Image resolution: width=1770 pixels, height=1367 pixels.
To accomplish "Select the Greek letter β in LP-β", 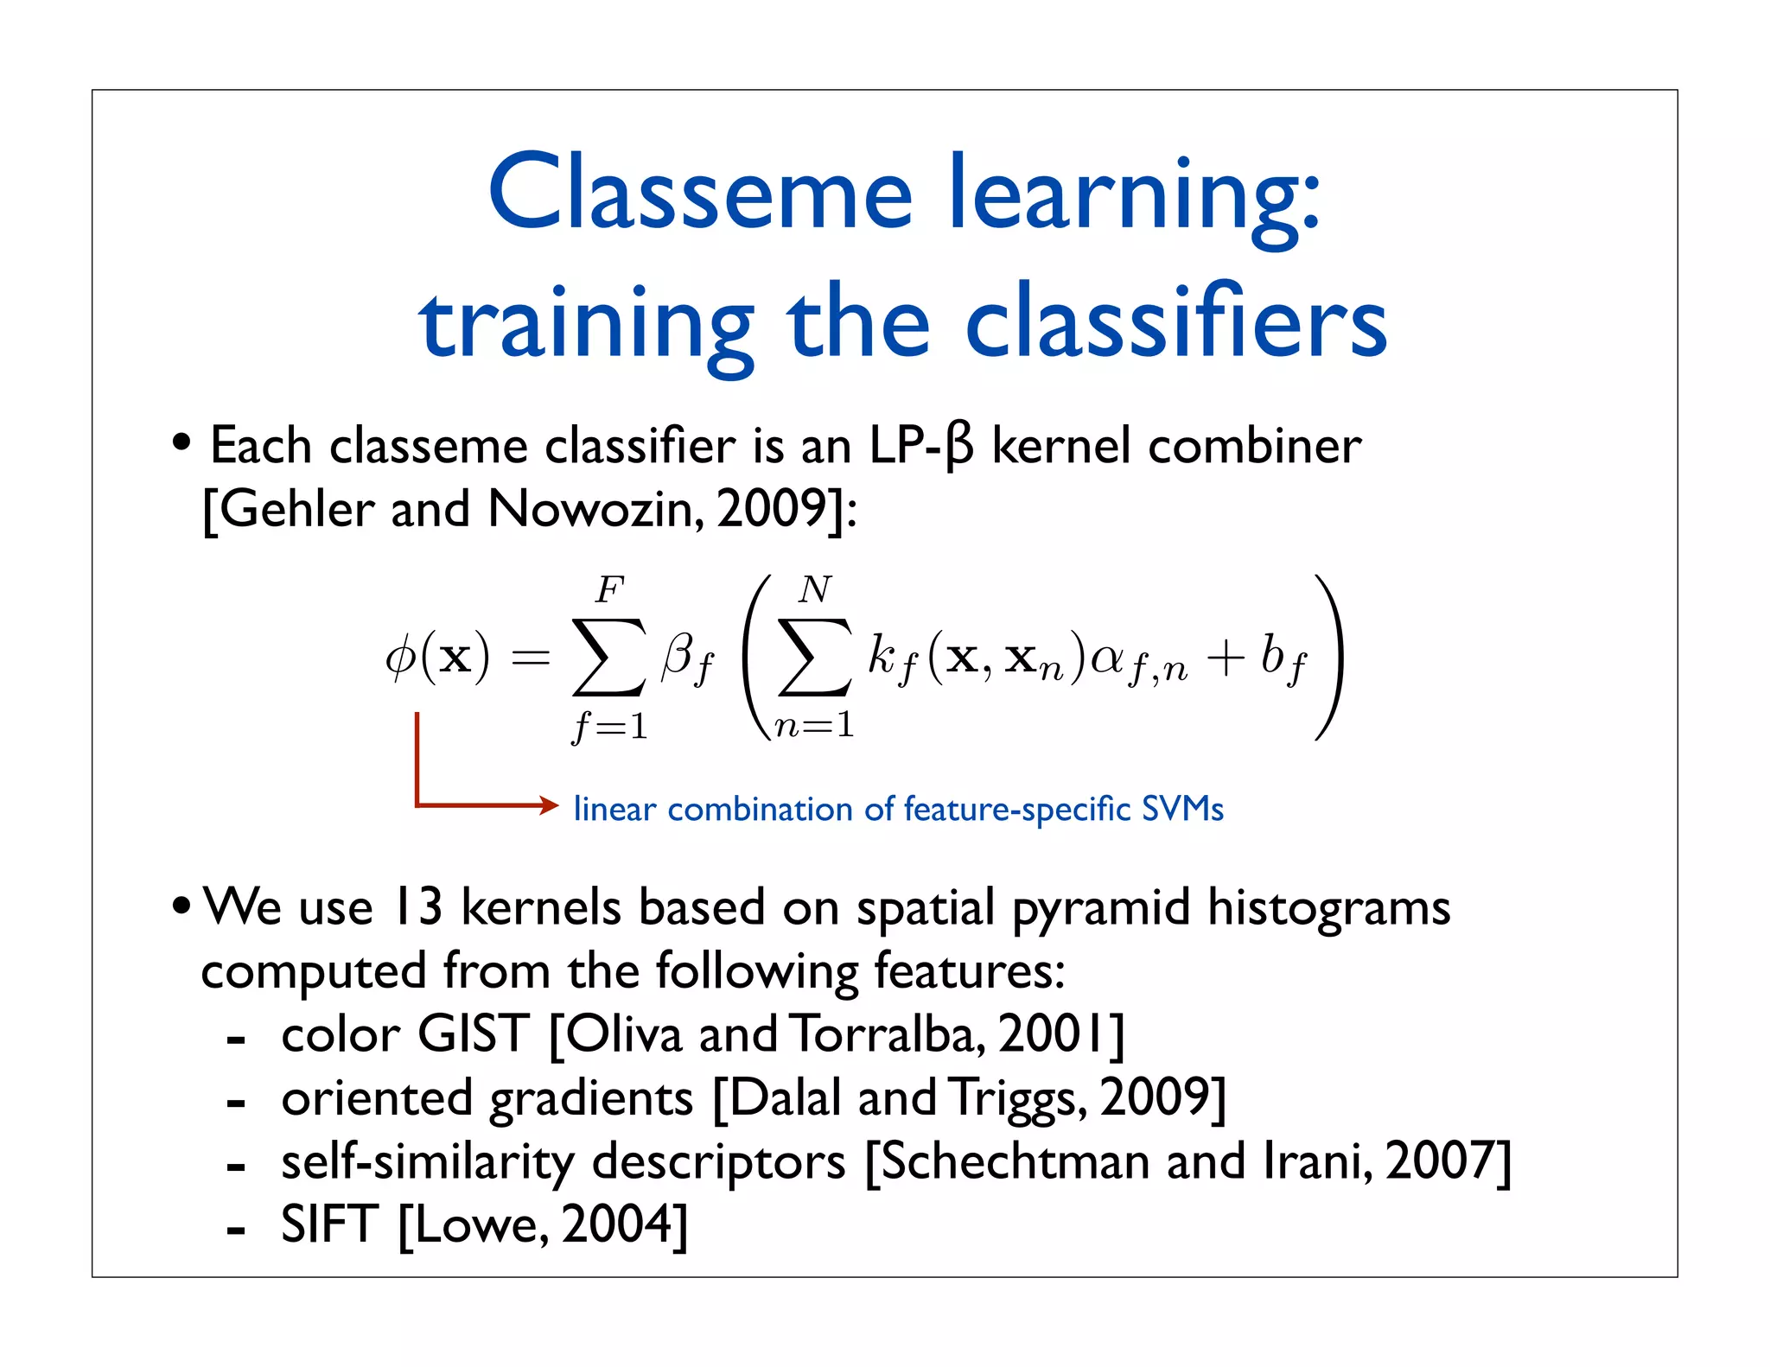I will (959, 448).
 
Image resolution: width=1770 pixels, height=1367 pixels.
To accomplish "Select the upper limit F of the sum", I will (609, 590).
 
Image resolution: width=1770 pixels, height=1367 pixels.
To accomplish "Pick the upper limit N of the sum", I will (814, 590).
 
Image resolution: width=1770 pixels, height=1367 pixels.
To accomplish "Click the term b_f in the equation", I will (1283, 658).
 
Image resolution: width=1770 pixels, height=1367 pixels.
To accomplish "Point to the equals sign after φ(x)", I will (530, 658).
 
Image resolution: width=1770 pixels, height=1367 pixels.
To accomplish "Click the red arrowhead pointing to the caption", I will (550, 805).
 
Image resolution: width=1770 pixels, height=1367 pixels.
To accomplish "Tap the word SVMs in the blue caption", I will (1181, 809).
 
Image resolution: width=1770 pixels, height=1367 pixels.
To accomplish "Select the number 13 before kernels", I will (417, 907).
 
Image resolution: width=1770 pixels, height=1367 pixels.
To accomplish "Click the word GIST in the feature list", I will (473, 1033).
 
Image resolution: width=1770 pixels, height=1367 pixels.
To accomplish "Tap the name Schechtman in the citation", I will (1015, 1160).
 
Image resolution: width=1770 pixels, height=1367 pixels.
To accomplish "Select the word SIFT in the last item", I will (329, 1224).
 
